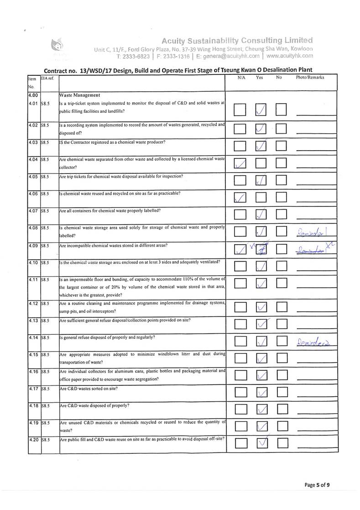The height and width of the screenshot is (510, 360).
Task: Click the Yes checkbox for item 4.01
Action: coord(261,110)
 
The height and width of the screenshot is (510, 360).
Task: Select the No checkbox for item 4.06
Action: coord(282,198)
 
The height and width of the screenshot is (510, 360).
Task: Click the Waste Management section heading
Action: coord(80,95)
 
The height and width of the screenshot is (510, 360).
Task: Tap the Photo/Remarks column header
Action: coord(310,78)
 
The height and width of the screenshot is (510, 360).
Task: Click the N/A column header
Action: coord(241,78)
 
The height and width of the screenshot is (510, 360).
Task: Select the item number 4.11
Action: coord(33,279)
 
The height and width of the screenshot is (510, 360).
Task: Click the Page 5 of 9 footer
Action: coord(317,485)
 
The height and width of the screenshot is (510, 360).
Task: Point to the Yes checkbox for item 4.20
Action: coord(261,443)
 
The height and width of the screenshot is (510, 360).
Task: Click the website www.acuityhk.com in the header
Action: coord(290,56)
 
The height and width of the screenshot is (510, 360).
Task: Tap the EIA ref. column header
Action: coord(47,78)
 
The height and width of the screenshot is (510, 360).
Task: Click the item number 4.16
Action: coord(33,372)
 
